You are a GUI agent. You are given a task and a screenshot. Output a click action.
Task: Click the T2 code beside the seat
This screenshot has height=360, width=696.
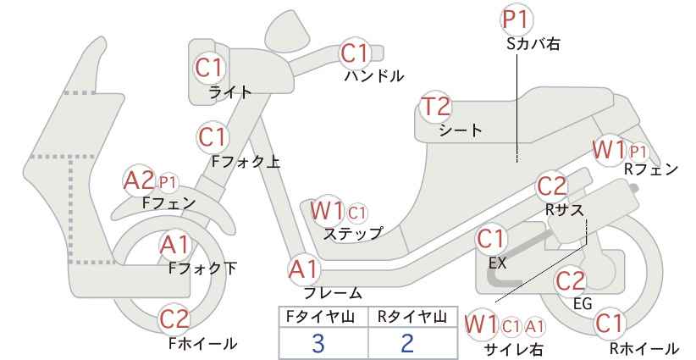pyautogui.click(x=436, y=107)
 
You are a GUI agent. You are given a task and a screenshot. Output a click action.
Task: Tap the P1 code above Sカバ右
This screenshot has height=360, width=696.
pyautogui.click(x=517, y=20)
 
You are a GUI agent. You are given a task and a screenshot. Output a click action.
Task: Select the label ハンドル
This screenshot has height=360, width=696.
pyautogui.click(x=374, y=76)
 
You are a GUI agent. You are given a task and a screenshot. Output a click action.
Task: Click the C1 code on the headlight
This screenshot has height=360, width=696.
pyautogui.click(x=210, y=68)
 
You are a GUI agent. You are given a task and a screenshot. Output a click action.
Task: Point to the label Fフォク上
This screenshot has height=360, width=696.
pyautogui.click(x=246, y=162)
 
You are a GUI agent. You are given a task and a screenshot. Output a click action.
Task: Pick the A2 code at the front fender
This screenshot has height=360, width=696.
pyautogui.click(x=139, y=181)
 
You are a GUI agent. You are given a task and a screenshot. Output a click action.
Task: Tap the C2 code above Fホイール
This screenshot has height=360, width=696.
pyautogui.click(x=174, y=319)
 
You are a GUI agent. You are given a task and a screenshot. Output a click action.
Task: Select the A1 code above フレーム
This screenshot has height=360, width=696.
pyautogui.click(x=305, y=269)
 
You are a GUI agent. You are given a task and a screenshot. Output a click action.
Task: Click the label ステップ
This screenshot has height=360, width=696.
pyautogui.click(x=352, y=234)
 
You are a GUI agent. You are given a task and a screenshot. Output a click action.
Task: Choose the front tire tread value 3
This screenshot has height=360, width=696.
pyautogui.click(x=318, y=343)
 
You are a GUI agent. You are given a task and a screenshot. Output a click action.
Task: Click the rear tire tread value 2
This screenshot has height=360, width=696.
pyautogui.click(x=407, y=343)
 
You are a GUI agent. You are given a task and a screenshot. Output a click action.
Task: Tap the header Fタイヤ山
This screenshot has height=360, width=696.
pyautogui.click(x=320, y=317)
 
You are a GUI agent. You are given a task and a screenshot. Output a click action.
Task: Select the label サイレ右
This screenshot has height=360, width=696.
pyautogui.click(x=514, y=350)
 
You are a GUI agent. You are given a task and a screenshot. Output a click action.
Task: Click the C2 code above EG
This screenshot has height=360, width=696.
pyautogui.click(x=571, y=281)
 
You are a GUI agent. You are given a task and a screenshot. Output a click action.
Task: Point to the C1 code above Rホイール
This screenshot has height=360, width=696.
pyautogui.click(x=610, y=324)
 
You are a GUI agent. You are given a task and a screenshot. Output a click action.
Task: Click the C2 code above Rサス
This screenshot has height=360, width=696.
pyautogui.click(x=552, y=187)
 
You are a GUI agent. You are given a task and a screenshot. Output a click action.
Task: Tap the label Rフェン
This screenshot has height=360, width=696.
pyautogui.click(x=651, y=169)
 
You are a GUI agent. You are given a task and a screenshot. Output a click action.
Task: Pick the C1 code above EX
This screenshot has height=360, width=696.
pyautogui.click(x=490, y=239)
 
